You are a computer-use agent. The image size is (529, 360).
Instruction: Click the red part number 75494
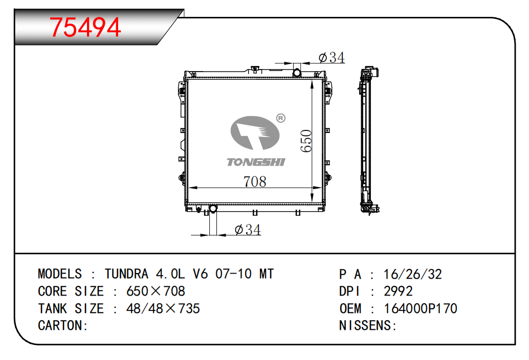tap(85, 27)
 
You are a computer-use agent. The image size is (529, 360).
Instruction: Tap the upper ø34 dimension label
tap(332, 57)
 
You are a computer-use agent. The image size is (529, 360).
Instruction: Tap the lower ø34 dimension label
tap(248, 230)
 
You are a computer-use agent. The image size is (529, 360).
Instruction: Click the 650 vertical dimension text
tap(306, 141)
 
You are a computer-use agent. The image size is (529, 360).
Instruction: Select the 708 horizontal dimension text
tap(255, 182)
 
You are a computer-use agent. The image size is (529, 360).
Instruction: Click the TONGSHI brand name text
tap(256, 162)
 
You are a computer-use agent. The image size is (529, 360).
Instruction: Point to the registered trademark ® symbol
tap(281, 118)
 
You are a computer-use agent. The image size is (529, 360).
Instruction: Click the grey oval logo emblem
tap(255, 132)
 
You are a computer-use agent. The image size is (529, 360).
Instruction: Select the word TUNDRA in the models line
tap(126, 274)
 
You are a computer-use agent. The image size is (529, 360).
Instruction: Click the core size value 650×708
tap(156, 291)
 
